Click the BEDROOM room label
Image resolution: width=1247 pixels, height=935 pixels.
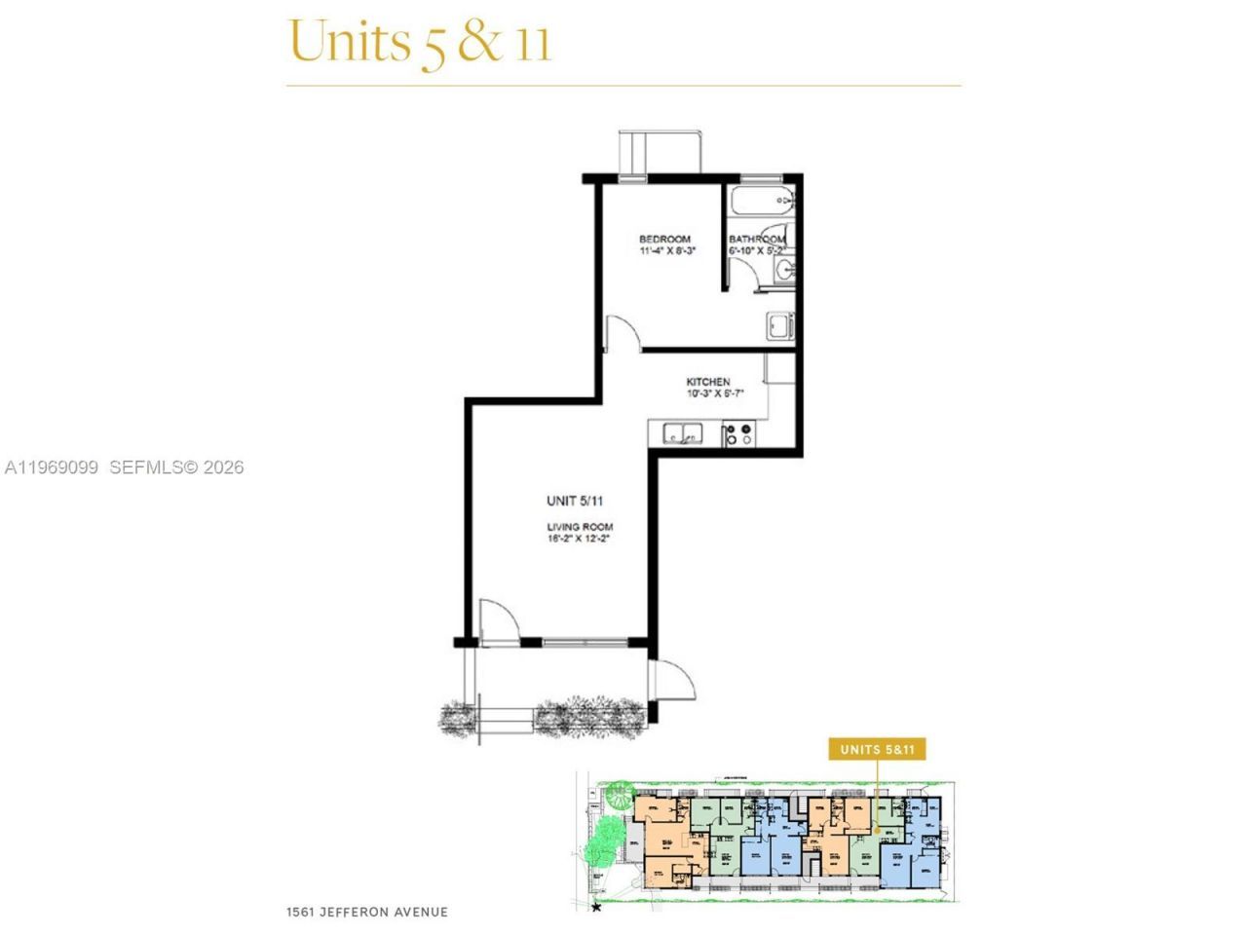coord(664,239)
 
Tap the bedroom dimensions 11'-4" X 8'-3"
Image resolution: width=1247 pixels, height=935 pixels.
coord(667,251)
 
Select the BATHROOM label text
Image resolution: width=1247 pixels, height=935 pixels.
coord(757,239)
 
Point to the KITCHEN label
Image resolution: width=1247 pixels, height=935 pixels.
coord(708,382)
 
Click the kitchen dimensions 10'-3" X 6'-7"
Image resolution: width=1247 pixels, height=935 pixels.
coord(715,394)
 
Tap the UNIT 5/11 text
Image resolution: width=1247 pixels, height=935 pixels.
coord(575,501)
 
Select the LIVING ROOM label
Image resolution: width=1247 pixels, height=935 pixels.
coord(579,527)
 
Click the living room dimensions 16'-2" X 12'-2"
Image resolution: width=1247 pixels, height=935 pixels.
coord(579,538)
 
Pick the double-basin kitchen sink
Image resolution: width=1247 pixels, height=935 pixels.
coord(683,432)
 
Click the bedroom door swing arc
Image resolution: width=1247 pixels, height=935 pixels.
coord(623,332)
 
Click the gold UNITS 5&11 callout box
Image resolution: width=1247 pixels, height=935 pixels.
coord(877,749)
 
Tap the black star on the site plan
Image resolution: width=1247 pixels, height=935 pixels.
coord(596,907)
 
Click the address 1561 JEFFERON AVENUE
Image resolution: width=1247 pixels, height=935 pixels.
coord(367,913)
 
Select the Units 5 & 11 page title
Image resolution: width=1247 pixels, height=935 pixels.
coord(420,43)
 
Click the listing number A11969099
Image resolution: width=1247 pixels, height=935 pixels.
coord(52,467)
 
